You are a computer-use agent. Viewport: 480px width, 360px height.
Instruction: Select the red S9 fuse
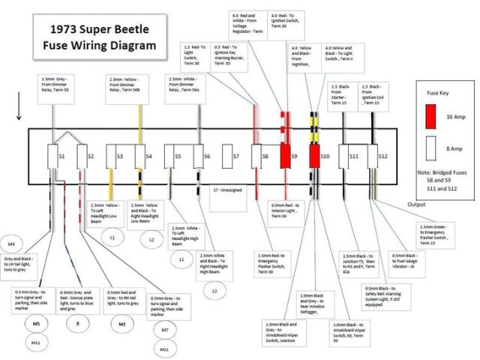pos(286,157)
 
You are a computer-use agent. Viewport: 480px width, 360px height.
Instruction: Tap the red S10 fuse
pos(316,157)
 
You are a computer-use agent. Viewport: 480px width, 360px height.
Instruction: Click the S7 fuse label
pos(235,157)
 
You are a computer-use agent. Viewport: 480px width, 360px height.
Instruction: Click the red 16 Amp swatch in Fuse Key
pos(430,116)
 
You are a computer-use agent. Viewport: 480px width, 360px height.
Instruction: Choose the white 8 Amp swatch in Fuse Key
pos(430,148)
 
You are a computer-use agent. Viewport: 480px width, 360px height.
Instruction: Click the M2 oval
pos(122,323)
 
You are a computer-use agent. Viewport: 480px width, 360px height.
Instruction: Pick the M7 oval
pos(165,328)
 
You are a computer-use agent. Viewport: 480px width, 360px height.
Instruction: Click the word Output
pos(421,204)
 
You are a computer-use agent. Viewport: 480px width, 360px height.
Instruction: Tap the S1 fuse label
pos(61,157)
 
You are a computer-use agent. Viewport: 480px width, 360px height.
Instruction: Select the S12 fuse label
pos(382,157)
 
